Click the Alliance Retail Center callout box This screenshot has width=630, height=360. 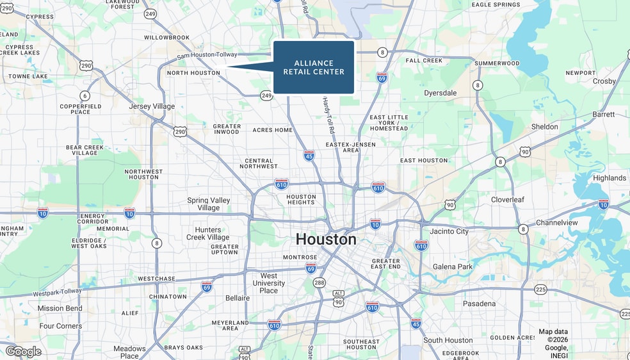314,67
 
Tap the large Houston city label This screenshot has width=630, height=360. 326,240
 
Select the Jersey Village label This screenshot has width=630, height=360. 152,106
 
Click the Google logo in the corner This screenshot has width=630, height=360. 24,351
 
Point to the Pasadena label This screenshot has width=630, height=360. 479,304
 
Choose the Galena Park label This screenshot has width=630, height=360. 453,266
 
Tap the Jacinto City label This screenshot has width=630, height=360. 449,231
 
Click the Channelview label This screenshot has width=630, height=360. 556,223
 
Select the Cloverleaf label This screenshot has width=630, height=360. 507,200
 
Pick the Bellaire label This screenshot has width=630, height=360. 238,298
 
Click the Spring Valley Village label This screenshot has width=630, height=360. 209,204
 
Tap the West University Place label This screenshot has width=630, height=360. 269,282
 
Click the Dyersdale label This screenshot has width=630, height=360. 440,93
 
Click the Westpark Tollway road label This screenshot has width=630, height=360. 58,292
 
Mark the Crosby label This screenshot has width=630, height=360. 604,81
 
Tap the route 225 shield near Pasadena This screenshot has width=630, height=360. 540,289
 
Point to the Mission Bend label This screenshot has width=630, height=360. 60,308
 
